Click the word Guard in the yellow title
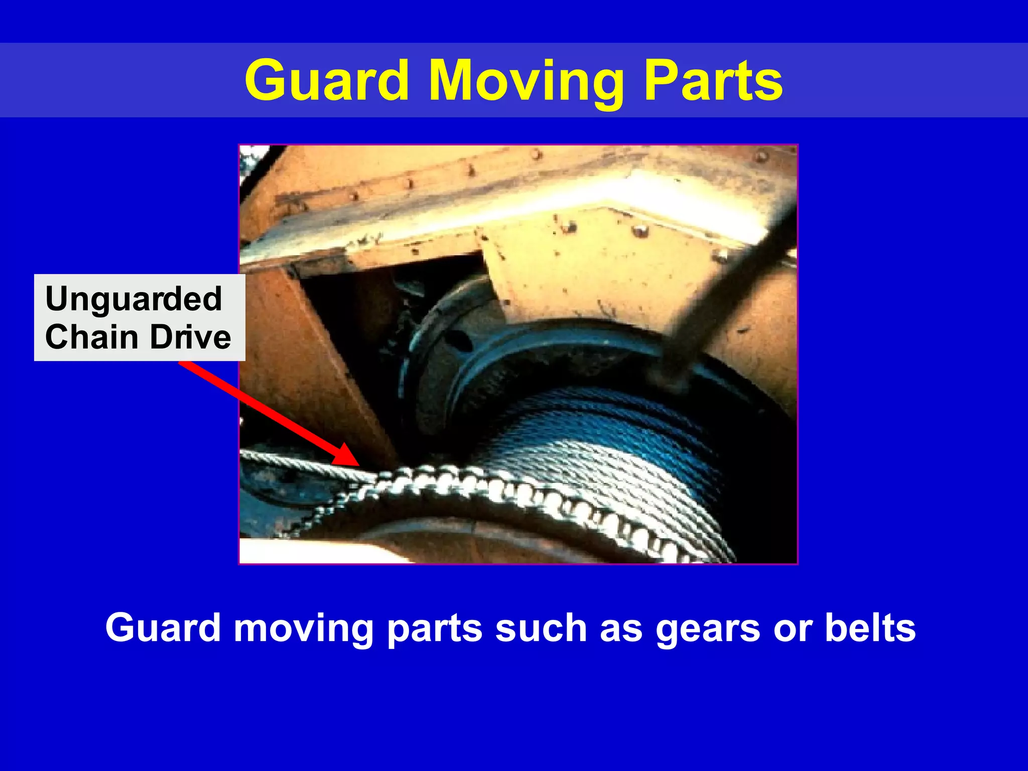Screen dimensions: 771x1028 point(326,80)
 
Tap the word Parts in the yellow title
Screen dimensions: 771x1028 point(713,80)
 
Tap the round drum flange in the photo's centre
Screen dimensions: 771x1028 point(442,351)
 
